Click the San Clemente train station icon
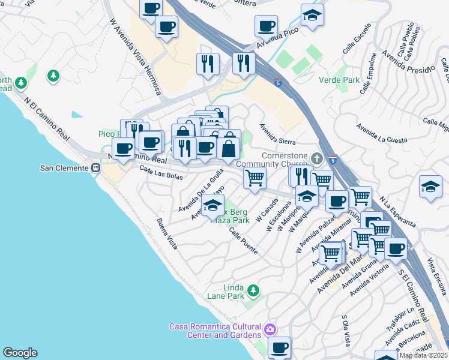tap(95, 168)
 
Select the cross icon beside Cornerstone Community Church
tap(318, 158)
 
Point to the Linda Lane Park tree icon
tap(253, 291)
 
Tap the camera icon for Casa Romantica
tap(270, 329)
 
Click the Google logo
tap(20, 353)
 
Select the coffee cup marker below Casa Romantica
tap(279, 347)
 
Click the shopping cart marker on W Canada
tap(255, 178)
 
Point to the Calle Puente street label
tap(243, 239)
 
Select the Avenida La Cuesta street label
tap(381, 134)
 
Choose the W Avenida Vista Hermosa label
tap(136, 57)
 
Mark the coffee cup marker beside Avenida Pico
tap(265, 26)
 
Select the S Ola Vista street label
tap(346, 331)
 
